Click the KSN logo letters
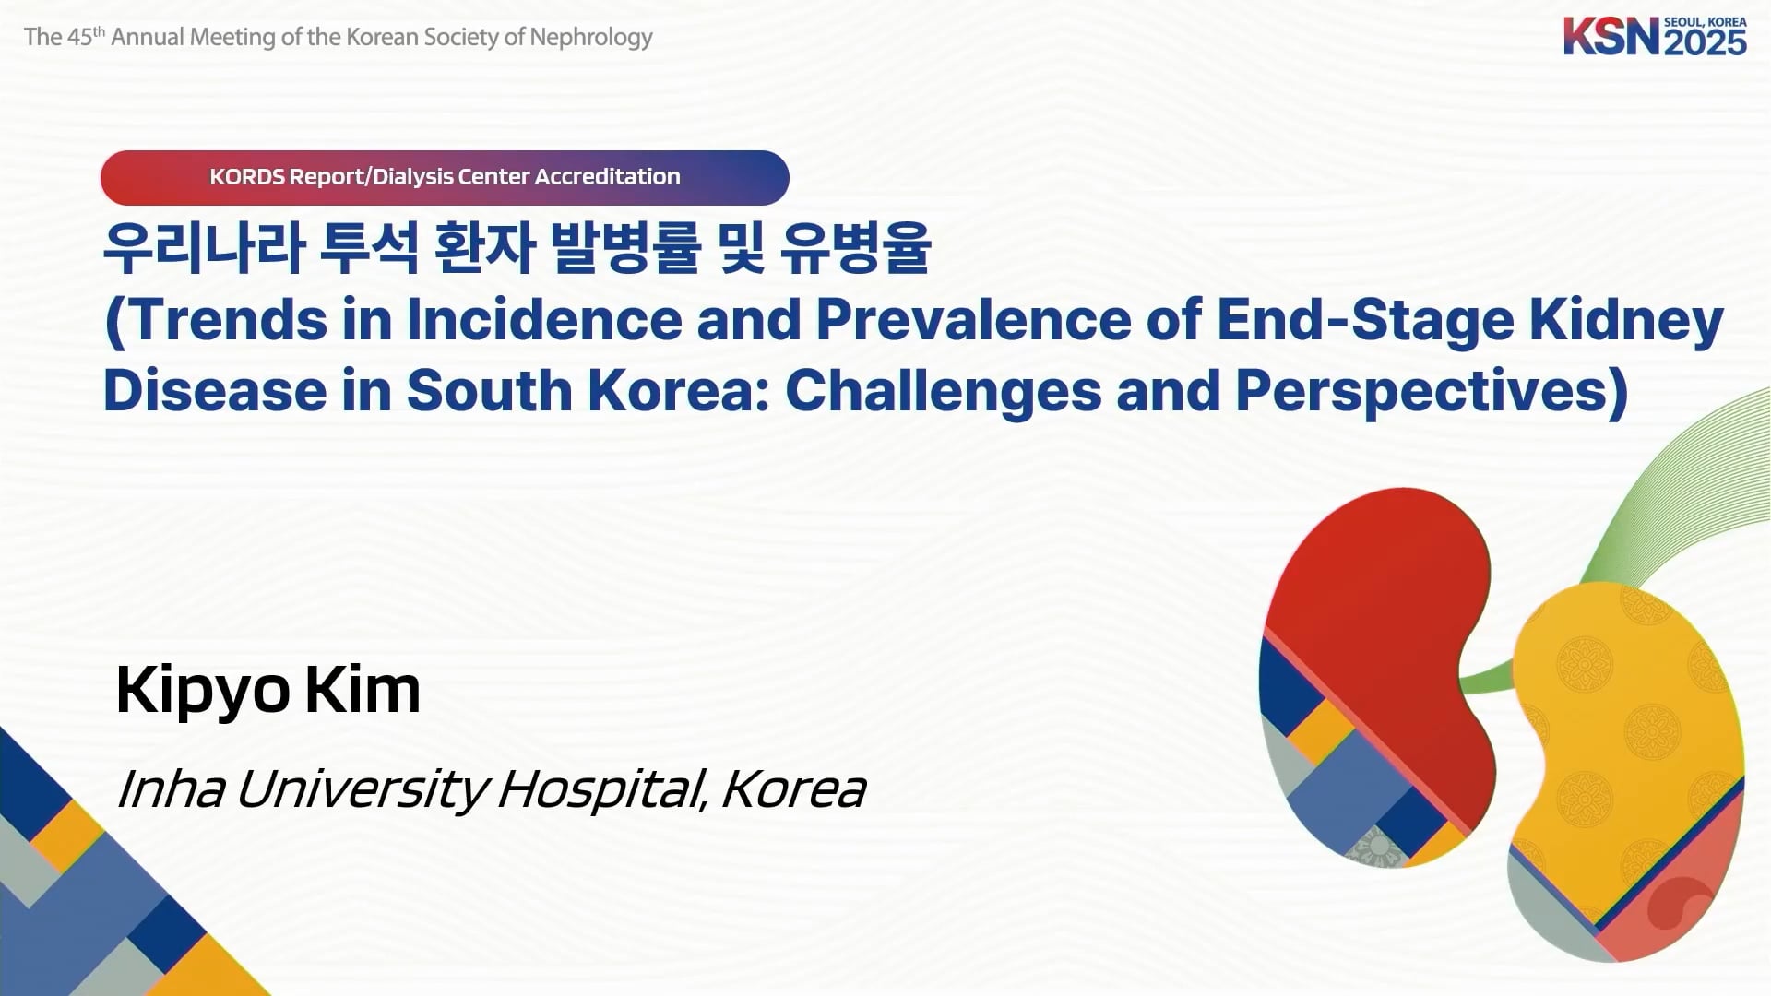(x=1611, y=37)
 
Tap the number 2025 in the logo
(x=1706, y=42)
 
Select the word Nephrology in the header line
(x=591, y=38)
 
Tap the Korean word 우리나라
(x=204, y=248)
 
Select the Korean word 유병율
(x=856, y=248)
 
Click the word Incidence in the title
(x=544, y=320)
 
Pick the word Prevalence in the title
(x=974, y=320)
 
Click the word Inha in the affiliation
(x=172, y=789)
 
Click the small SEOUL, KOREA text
(x=1706, y=22)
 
